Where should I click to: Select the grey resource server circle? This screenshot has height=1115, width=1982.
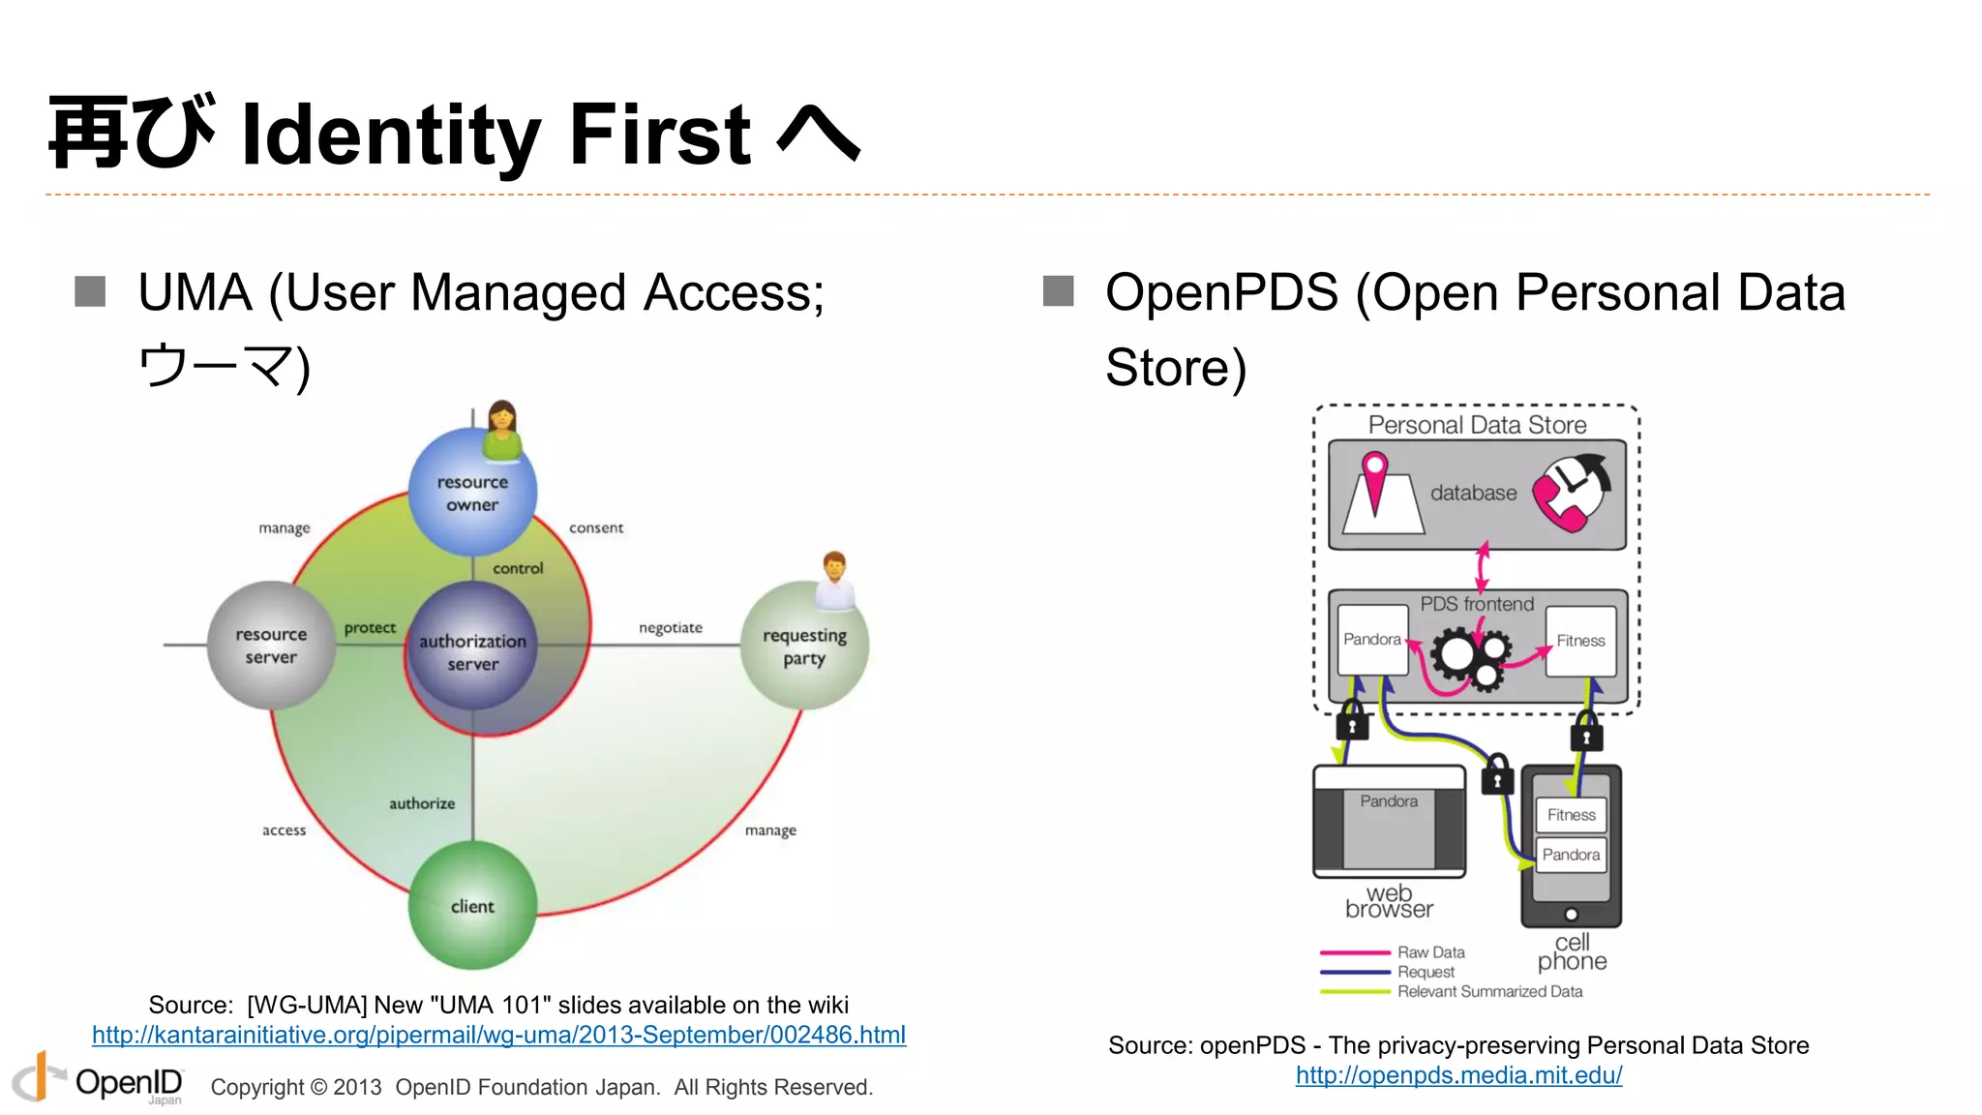[271, 646]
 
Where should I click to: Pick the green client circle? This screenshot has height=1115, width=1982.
[472, 906]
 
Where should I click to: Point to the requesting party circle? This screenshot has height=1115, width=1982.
[804, 646]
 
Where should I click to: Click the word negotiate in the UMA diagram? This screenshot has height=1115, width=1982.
[671, 628]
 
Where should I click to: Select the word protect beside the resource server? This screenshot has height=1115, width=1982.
[370, 628]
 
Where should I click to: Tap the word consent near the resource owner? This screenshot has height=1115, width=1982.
[596, 527]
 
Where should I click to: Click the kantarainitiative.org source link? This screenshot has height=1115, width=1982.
[498, 1035]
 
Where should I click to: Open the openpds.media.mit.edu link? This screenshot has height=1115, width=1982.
[1458, 1075]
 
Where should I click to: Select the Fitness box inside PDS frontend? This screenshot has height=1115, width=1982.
[1580, 641]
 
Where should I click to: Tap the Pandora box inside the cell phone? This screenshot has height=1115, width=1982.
[1571, 855]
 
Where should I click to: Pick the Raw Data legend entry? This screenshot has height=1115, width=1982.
[1430, 952]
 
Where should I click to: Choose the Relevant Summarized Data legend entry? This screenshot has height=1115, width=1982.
[1489, 991]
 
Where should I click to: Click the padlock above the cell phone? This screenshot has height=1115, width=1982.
[1586, 734]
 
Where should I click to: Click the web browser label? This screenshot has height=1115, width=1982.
[1389, 901]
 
